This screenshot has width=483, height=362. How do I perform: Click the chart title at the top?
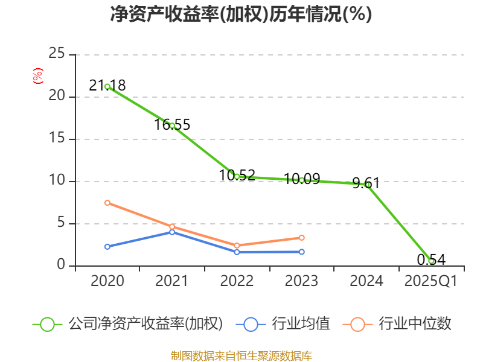point(241,14)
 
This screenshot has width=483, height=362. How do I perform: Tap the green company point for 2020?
point(107,86)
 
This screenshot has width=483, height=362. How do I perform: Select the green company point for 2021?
point(172,125)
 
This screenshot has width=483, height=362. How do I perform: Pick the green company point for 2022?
point(237,177)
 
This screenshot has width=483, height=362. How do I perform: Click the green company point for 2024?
point(366,185)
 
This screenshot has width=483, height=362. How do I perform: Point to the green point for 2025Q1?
point(431,261)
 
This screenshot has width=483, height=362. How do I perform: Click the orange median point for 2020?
point(107,203)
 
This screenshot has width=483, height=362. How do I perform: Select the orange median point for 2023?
point(302,238)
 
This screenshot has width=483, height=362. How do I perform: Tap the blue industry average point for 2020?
point(107,247)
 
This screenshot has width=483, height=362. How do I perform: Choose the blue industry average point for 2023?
point(302,252)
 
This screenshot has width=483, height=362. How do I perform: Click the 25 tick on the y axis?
point(57,54)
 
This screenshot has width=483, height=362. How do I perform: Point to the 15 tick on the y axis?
point(57,139)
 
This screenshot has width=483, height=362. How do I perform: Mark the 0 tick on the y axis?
point(61,265)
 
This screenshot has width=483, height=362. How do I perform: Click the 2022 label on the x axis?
point(237,281)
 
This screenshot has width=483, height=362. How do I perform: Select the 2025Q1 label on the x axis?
point(430,281)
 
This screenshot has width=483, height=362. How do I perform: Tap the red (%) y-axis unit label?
point(37,76)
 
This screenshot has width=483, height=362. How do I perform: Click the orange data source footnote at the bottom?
point(241,356)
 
